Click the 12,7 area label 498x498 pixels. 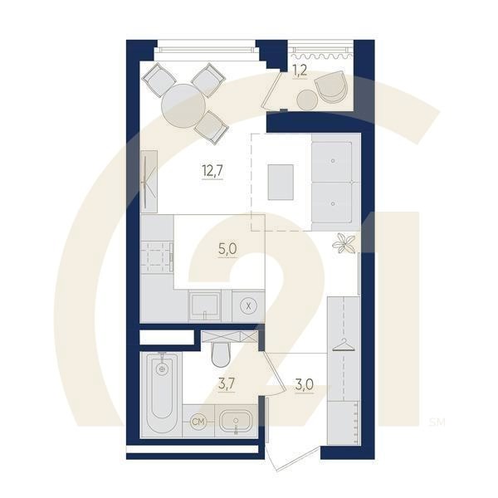click(212, 171)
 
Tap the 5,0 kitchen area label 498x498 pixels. click(227, 249)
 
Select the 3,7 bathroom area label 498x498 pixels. click(227, 384)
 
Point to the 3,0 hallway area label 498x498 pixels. click(305, 385)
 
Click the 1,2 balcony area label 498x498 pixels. click(300, 71)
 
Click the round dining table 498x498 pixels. click(183, 106)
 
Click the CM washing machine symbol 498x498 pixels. click(198, 422)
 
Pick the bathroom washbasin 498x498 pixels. click(236, 422)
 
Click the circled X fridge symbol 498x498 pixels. click(249, 306)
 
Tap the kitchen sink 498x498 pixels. click(204, 305)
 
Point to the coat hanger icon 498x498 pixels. click(344, 345)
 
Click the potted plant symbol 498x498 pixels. click(344, 243)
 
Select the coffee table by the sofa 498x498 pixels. click(281, 182)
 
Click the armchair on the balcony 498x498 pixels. click(330, 86)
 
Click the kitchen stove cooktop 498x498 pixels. click(156, 257)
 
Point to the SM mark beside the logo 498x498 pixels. click(437, 422)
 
